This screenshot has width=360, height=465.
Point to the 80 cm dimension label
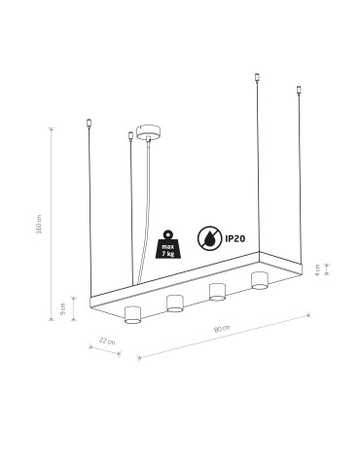coord(226,328)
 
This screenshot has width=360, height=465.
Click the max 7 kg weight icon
coord(167,240)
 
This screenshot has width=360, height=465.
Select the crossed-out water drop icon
coord(209,237)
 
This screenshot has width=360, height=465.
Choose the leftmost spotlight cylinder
coord(133,313)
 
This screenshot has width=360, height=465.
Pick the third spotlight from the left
coord(218,291)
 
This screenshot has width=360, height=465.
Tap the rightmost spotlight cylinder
coord(260,280)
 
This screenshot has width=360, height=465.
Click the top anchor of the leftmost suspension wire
coord(90,124)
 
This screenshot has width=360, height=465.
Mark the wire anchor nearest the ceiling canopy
coord(130,134)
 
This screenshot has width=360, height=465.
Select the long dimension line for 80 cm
coord(224,336)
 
